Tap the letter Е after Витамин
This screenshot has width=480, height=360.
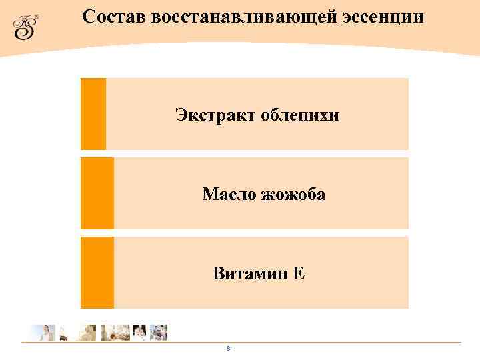click(299, 273)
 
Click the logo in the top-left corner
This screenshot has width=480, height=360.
click(26, 27)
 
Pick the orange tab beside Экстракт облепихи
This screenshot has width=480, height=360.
click(93, 113)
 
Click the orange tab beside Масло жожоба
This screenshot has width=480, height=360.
click(97, 193)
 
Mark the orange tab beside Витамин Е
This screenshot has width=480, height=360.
click(97, 272)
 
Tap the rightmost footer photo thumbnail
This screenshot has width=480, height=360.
click(159, 333)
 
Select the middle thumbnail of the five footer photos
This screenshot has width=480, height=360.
click(115, 333)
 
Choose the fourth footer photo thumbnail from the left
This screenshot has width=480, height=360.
click(139, 333)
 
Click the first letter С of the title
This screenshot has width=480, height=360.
click(88, 17)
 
